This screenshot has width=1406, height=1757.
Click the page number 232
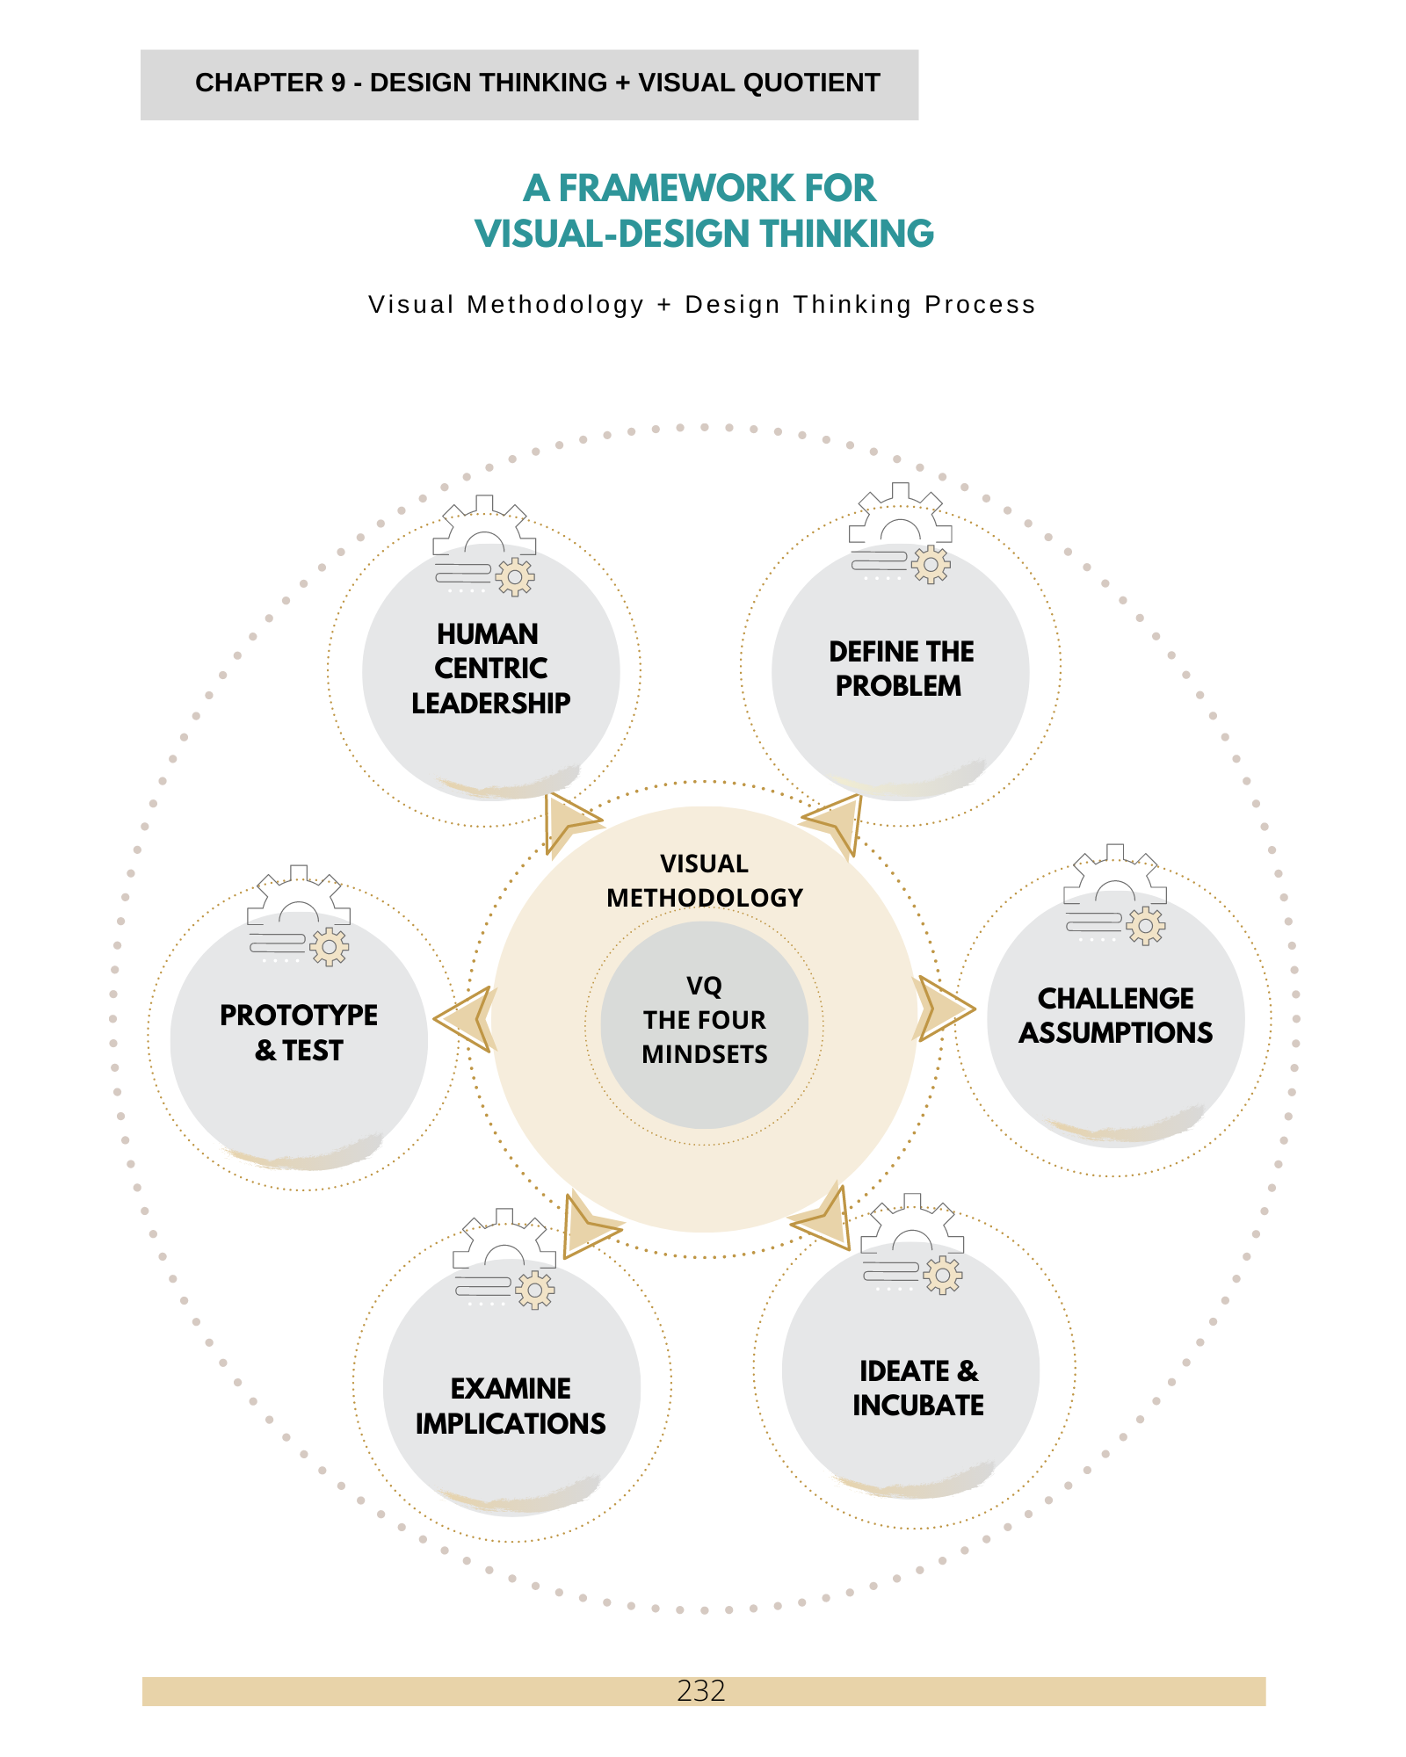(701, 1690)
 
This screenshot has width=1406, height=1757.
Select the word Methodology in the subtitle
(555, 305)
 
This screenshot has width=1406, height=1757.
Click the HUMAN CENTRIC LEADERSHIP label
(490, 669)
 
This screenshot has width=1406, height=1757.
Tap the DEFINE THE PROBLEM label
(901, 669)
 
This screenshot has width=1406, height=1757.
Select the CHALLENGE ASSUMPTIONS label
(1115, 1016)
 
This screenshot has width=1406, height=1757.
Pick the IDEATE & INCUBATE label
(918, 1388)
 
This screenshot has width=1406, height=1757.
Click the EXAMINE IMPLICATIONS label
(511, 1406)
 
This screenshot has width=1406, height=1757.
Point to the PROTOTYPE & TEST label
(299, 1033)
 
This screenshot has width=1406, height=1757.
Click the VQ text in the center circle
(704, 986)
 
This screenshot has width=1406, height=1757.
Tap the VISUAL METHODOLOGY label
(704, 880)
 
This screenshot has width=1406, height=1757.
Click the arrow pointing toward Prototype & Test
(466, 1019)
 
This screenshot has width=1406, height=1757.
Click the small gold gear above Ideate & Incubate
(943, 1275)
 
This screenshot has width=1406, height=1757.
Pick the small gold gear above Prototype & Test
(329, 947)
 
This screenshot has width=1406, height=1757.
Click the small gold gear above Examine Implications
(535, 1290)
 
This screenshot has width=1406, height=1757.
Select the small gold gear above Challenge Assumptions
(1146, 925)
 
